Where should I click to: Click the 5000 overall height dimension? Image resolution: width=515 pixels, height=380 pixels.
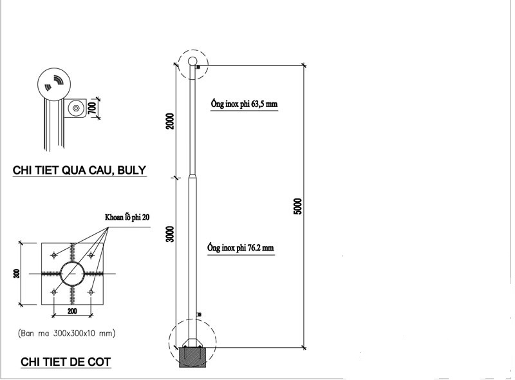297,206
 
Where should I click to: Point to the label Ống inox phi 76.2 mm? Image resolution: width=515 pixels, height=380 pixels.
243,247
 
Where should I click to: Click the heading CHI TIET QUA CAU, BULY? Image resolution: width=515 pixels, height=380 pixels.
80,171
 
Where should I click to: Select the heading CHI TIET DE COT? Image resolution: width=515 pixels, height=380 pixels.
66,363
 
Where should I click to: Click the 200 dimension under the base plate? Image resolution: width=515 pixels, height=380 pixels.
73,311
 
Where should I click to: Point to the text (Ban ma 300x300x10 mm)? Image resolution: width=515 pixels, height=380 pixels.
68,334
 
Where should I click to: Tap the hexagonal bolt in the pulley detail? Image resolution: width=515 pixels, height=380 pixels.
76,108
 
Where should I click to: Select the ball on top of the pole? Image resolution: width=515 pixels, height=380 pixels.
192,62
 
